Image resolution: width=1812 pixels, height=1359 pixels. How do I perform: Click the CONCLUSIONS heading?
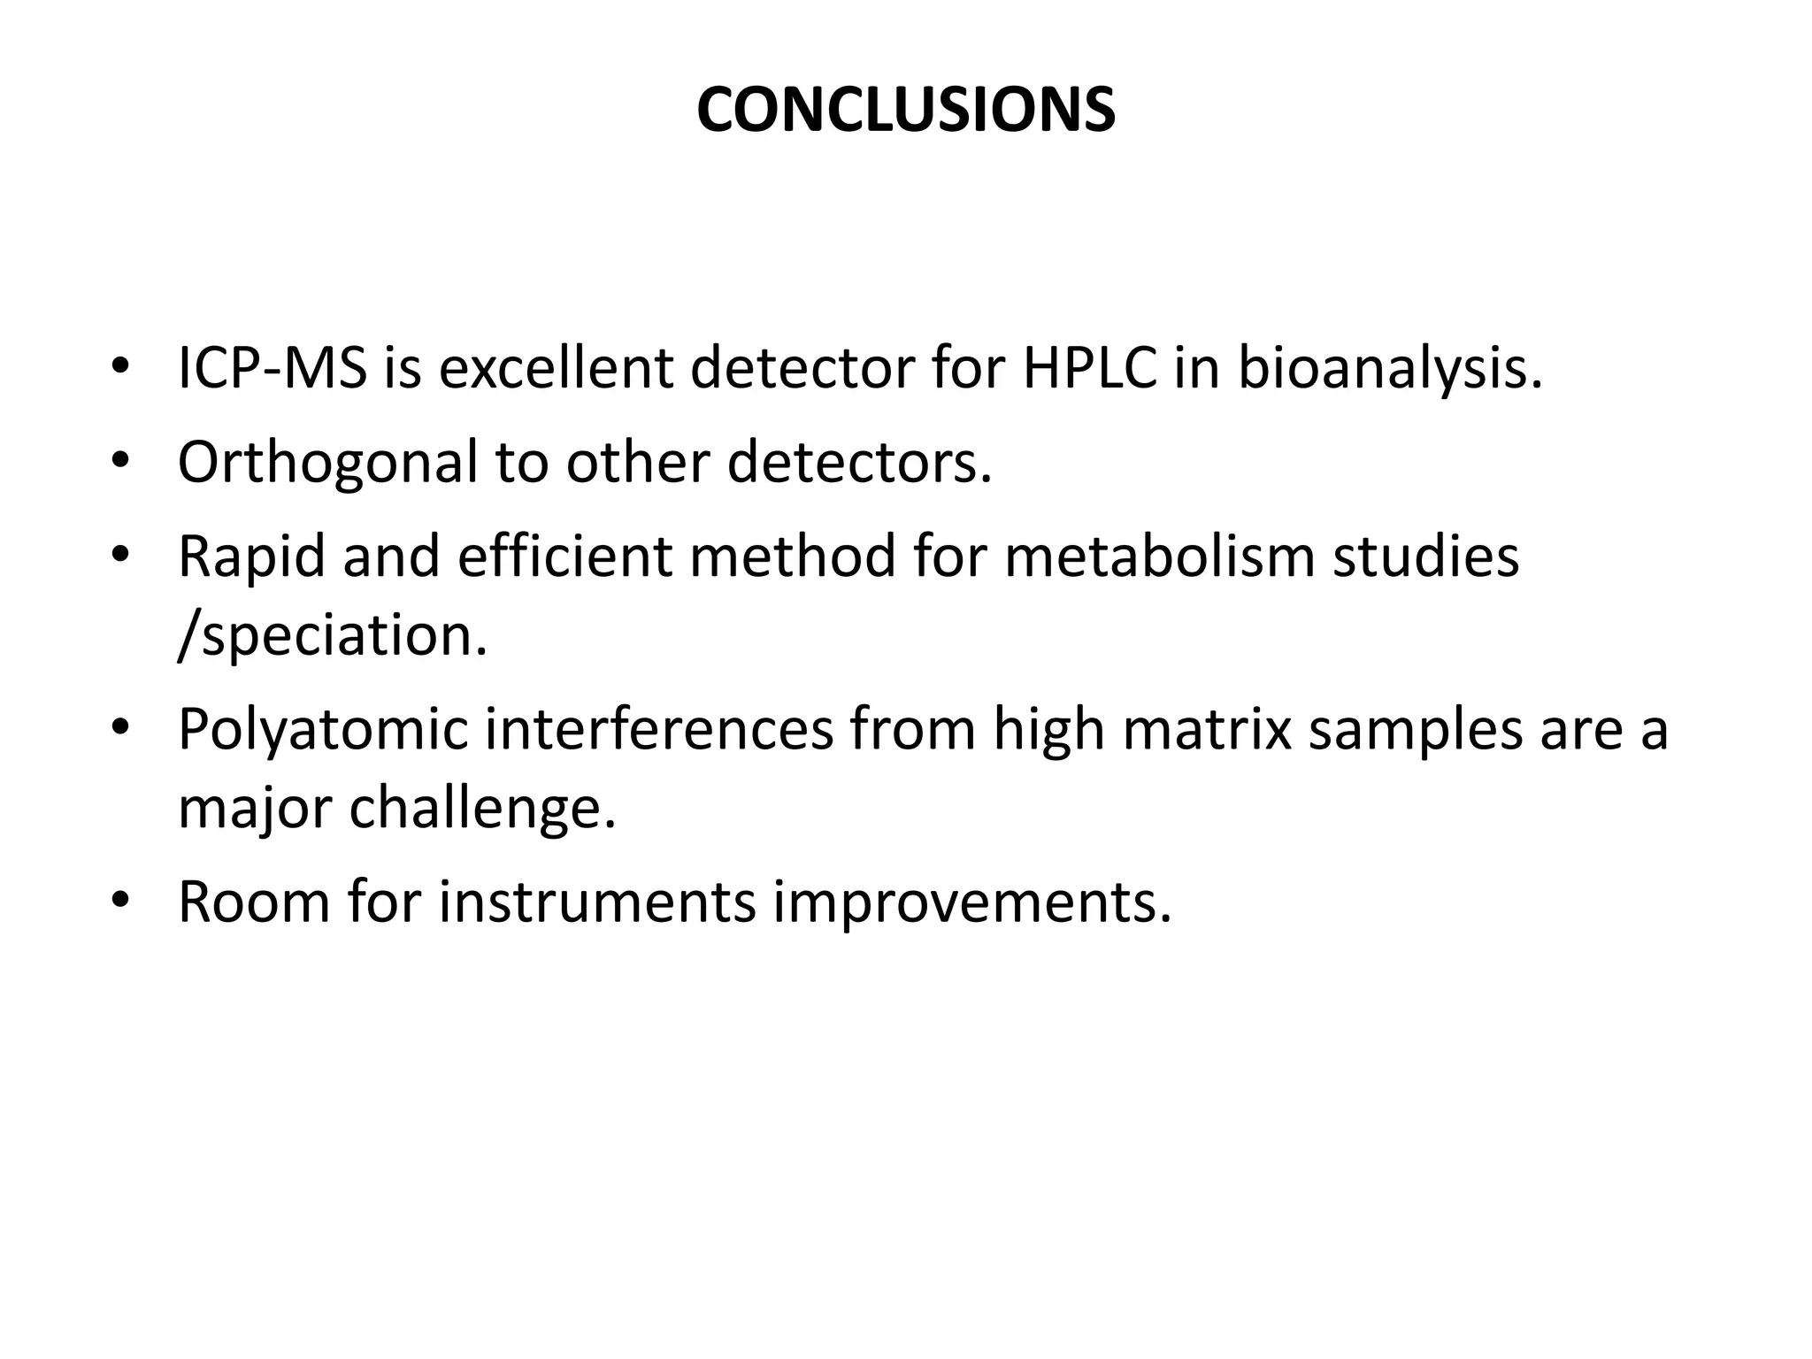click(x=905, y=111)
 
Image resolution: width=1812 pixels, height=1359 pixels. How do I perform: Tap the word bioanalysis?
click(x=1389, y=370)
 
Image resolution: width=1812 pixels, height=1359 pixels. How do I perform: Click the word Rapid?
click(x=251, y=557)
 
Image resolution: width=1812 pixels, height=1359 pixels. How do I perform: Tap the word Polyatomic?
click(x=322, y=731)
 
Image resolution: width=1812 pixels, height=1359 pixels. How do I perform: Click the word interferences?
click(x=659, y=729)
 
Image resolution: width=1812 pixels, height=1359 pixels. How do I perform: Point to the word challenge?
click(x=482, y=809)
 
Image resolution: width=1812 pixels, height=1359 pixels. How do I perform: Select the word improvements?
click(x=971, y=903)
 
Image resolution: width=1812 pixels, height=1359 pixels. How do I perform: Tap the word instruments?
click(x=597, y=902)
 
